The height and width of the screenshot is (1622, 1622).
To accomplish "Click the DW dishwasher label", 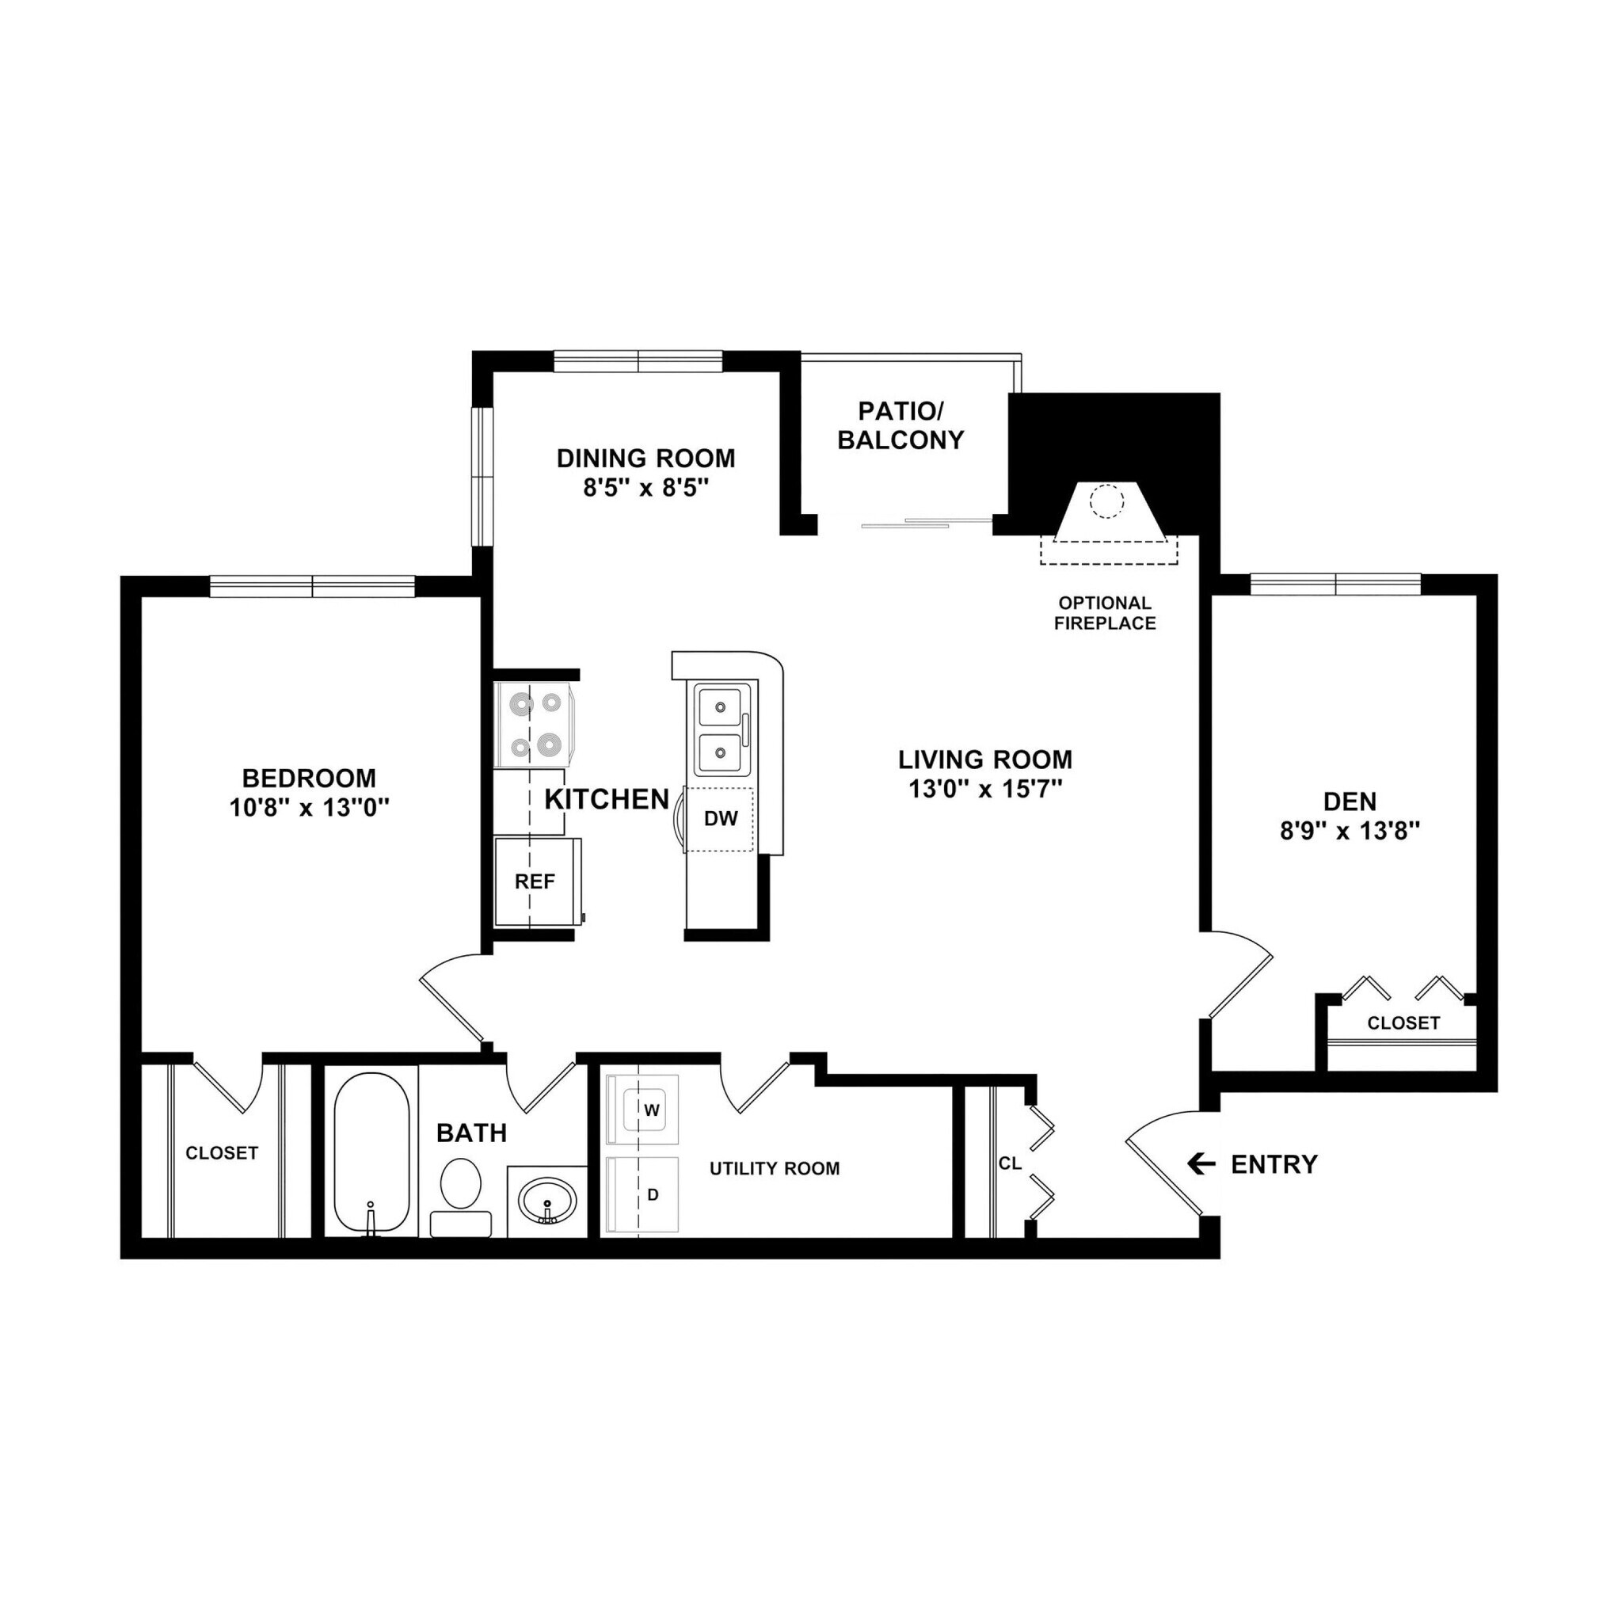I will point(721,819).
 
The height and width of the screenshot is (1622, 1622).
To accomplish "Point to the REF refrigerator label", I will point(535,881).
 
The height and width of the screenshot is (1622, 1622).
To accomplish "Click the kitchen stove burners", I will point(535,724).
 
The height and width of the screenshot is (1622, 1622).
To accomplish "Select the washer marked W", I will point(651,1110).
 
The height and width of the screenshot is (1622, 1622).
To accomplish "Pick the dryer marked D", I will point(653,1194).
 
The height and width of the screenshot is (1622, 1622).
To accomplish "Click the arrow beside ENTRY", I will point(1201,1163).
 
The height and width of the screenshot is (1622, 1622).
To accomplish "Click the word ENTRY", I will point(1274,1164).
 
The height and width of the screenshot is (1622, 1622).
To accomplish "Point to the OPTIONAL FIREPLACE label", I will point(1105,613).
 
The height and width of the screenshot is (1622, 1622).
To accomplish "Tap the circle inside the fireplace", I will point(1106,502).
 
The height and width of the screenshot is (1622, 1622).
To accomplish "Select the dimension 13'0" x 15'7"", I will point(985,789).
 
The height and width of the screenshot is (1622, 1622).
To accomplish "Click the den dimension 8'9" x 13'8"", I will point(1350,831).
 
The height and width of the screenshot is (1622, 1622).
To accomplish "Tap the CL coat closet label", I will point(1010,1163).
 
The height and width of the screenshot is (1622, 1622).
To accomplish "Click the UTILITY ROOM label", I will point(774,1169).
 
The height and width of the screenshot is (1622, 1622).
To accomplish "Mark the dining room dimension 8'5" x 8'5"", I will point(646,488).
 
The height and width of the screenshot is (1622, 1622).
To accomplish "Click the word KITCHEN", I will point(607,799).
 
